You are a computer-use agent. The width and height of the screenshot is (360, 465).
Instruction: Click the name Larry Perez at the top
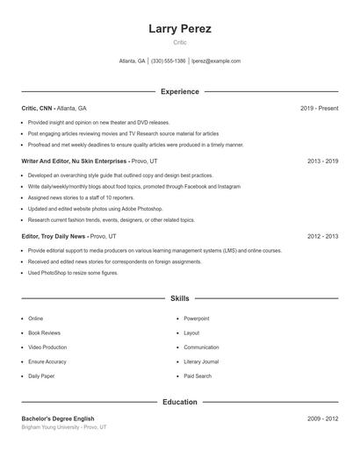(x=180, y=29)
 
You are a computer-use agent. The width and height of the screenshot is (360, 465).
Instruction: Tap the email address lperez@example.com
(x=215, y=61)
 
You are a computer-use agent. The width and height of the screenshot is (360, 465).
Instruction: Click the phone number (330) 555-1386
(x=168, y=61)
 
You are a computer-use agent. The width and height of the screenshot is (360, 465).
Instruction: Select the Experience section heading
(x=180, y=91)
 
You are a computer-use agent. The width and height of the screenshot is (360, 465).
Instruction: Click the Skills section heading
(x=180, y=299)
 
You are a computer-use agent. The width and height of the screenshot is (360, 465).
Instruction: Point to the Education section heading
(x=180, y=402)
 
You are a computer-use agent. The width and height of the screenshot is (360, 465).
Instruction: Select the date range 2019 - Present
(x=319, y=108)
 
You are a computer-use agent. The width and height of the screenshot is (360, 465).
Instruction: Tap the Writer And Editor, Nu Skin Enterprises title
(x=75, y=161)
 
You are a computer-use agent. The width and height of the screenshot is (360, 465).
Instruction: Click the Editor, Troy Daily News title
(x=54, y=236)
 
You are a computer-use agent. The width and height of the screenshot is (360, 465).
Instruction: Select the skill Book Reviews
(x=44, y=333)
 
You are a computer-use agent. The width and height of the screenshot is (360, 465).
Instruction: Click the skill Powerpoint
(x=197, y=318)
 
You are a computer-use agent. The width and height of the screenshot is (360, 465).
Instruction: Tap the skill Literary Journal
(x=201, y=361)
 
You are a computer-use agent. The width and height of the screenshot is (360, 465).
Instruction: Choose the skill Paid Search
(x=198, y=376)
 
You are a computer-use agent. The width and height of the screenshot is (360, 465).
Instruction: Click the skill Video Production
(x=47, y=347)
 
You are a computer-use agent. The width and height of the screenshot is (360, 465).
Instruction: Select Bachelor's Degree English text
(x=58, y=418)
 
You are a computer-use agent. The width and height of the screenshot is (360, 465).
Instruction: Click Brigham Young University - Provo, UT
(x=64, y=427)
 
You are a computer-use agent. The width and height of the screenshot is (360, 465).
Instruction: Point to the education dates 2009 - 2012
(x=323, y=418)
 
